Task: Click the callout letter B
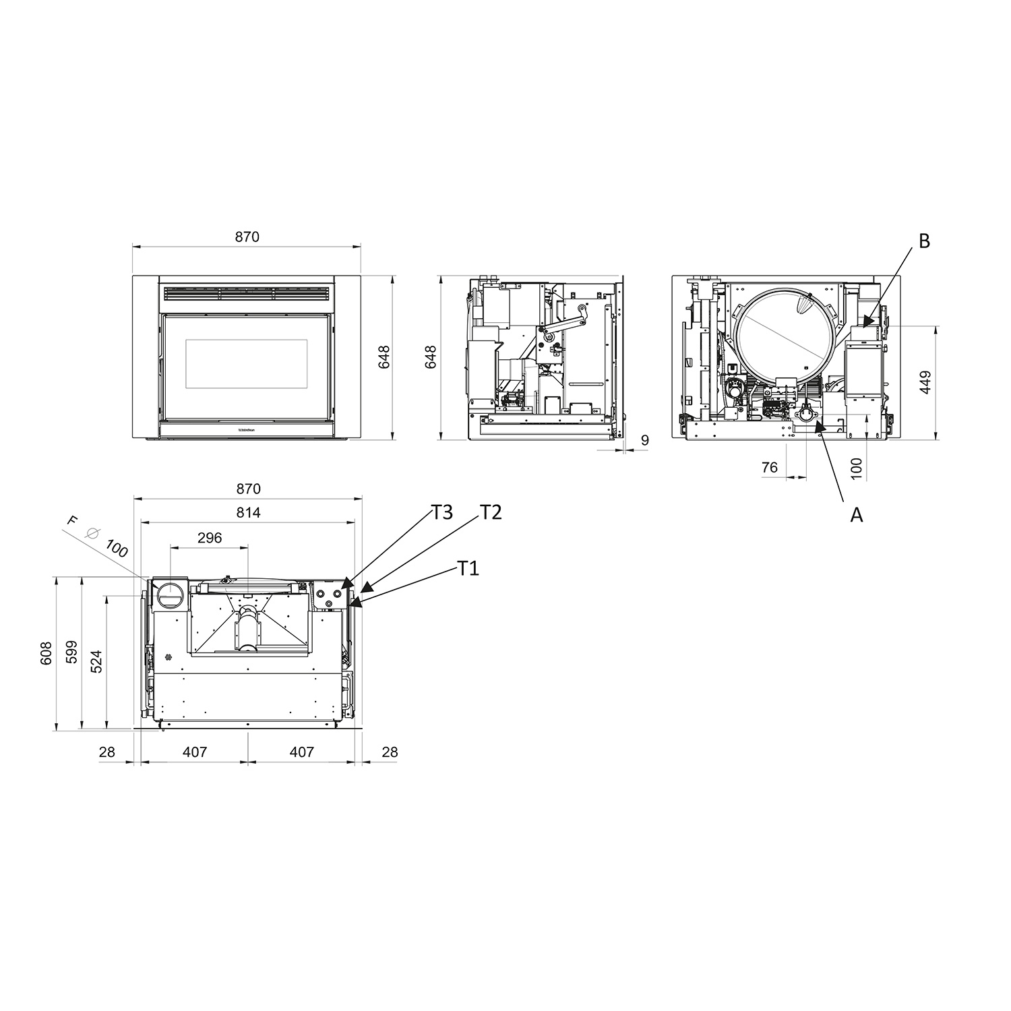pyautogui.click(x=924, y=241)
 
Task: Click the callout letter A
pyautogui.click(x=856, y=515)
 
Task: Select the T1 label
pyautogui.click(x=468, y=568)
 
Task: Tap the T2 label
pyautogui.click(x=491, y=512)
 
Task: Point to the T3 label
pyautogui.click(x=442, y=512)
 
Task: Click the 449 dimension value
pyautogui.click(x=925, y=382)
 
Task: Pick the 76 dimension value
pyautogui.click(x=769, y=467)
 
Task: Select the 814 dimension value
pyautogui.click(x=248, y=513)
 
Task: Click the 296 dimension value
pyautogui.click(x=210, y=538)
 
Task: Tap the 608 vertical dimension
pyautogui.click(x=46, y=652)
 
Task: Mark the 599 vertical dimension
pyautogui.click(x=72, y=652)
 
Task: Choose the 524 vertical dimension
pyautogui.click(x=97, y=662)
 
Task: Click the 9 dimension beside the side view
pyautogui.click(x=645, y=441)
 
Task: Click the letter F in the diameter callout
pyautogui.click(x=73, y=520)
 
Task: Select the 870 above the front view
pyautogui.click(x=247, y=237)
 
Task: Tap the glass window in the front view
pyautogui.click(x=247, y=363)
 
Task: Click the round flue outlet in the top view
pyautogui.click(x=168, y=594)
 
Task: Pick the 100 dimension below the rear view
pyautogui.click(x=856, y=468)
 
